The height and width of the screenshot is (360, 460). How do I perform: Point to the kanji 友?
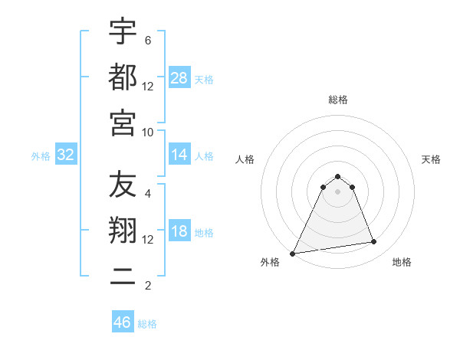[123, 185]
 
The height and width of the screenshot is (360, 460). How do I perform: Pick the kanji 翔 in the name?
[123, 230]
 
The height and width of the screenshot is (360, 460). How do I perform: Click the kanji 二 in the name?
[123, 277]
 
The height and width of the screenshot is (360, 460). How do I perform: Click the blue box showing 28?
[179, 78]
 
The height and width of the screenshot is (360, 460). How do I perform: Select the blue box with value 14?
[179, 155]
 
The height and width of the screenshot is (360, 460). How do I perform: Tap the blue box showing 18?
[179, 232]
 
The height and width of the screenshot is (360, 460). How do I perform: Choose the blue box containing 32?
[65, 155]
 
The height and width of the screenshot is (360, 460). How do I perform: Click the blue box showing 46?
[123, 322]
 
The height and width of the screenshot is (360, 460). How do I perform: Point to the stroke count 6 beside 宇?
[147, 40]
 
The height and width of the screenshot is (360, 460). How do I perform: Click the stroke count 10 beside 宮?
[148, 132]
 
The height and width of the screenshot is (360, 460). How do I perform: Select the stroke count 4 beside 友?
[147, 193]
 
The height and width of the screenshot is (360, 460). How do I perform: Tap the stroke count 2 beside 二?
[147, 286]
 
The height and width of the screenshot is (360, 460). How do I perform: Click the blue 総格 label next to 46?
[147, 324]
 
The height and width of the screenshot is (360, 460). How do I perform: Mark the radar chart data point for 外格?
[293, 254]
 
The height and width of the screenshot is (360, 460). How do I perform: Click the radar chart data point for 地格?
[373, 242]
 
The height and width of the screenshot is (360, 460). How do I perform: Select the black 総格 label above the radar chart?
[338, 100]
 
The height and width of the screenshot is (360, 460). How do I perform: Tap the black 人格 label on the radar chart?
[245, 159]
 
